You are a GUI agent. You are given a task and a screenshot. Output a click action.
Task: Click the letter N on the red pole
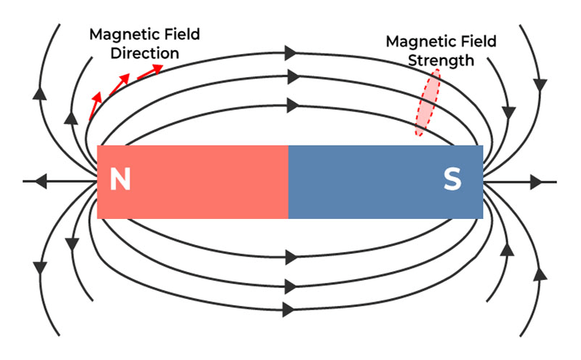click(120, 180)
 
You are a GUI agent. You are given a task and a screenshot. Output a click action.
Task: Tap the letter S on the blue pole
click(452, 180)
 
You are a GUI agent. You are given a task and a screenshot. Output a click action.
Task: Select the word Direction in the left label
click(145, 53)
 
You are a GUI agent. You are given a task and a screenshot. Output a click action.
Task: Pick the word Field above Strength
click(477, 41)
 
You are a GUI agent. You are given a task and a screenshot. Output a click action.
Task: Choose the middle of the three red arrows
click(121, 81)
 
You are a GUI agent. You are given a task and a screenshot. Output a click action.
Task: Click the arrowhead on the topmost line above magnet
click(292, 52)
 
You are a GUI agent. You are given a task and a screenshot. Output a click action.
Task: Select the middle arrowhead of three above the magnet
click(292, 76)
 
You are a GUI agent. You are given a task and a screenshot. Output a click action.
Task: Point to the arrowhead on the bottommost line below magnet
click(289, 309)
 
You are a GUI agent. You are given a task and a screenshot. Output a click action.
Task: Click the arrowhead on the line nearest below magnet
click(292, 257)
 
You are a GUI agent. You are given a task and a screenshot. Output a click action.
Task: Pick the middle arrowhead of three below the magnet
click(292, 284)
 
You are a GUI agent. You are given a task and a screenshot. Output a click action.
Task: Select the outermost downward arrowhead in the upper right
click(540, 81)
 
